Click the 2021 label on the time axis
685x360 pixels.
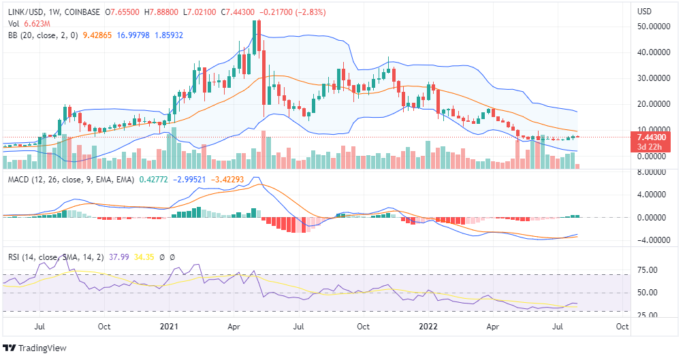click(167, 327)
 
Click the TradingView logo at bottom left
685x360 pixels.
click(35, 348)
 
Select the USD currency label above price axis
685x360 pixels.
click(645, 12)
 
